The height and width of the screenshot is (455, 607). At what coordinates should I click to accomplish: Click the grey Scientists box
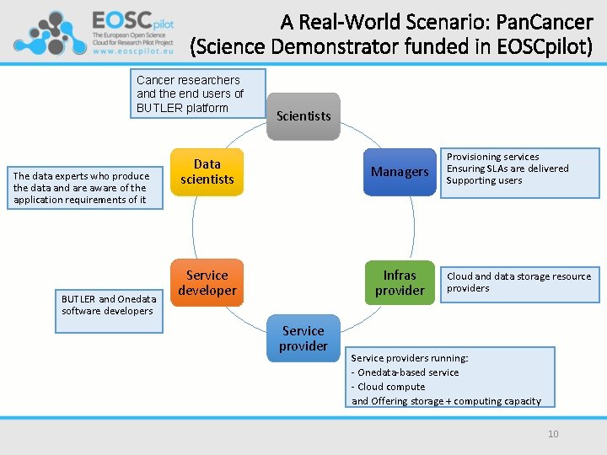303,116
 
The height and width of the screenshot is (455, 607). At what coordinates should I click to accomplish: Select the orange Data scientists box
207,172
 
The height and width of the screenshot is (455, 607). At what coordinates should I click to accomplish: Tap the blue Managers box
400,172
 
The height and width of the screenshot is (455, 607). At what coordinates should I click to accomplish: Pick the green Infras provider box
400,283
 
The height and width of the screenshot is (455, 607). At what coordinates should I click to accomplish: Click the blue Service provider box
303,339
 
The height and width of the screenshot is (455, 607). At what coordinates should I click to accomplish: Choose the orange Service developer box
207,283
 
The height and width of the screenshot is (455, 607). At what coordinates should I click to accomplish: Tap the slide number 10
553,434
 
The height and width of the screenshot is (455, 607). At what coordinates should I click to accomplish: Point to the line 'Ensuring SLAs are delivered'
507,169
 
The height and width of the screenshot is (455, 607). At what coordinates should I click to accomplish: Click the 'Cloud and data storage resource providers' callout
518,282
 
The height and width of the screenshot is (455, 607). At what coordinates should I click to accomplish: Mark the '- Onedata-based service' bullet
405,372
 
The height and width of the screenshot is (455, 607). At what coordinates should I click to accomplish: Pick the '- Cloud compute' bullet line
388,387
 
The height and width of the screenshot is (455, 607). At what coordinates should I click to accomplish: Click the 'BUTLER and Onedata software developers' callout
109,305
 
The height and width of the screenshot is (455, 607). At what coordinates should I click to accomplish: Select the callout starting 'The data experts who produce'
81,188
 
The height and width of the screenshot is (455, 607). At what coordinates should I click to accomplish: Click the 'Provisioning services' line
492,157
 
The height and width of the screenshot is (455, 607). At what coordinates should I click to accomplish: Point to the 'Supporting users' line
484,180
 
